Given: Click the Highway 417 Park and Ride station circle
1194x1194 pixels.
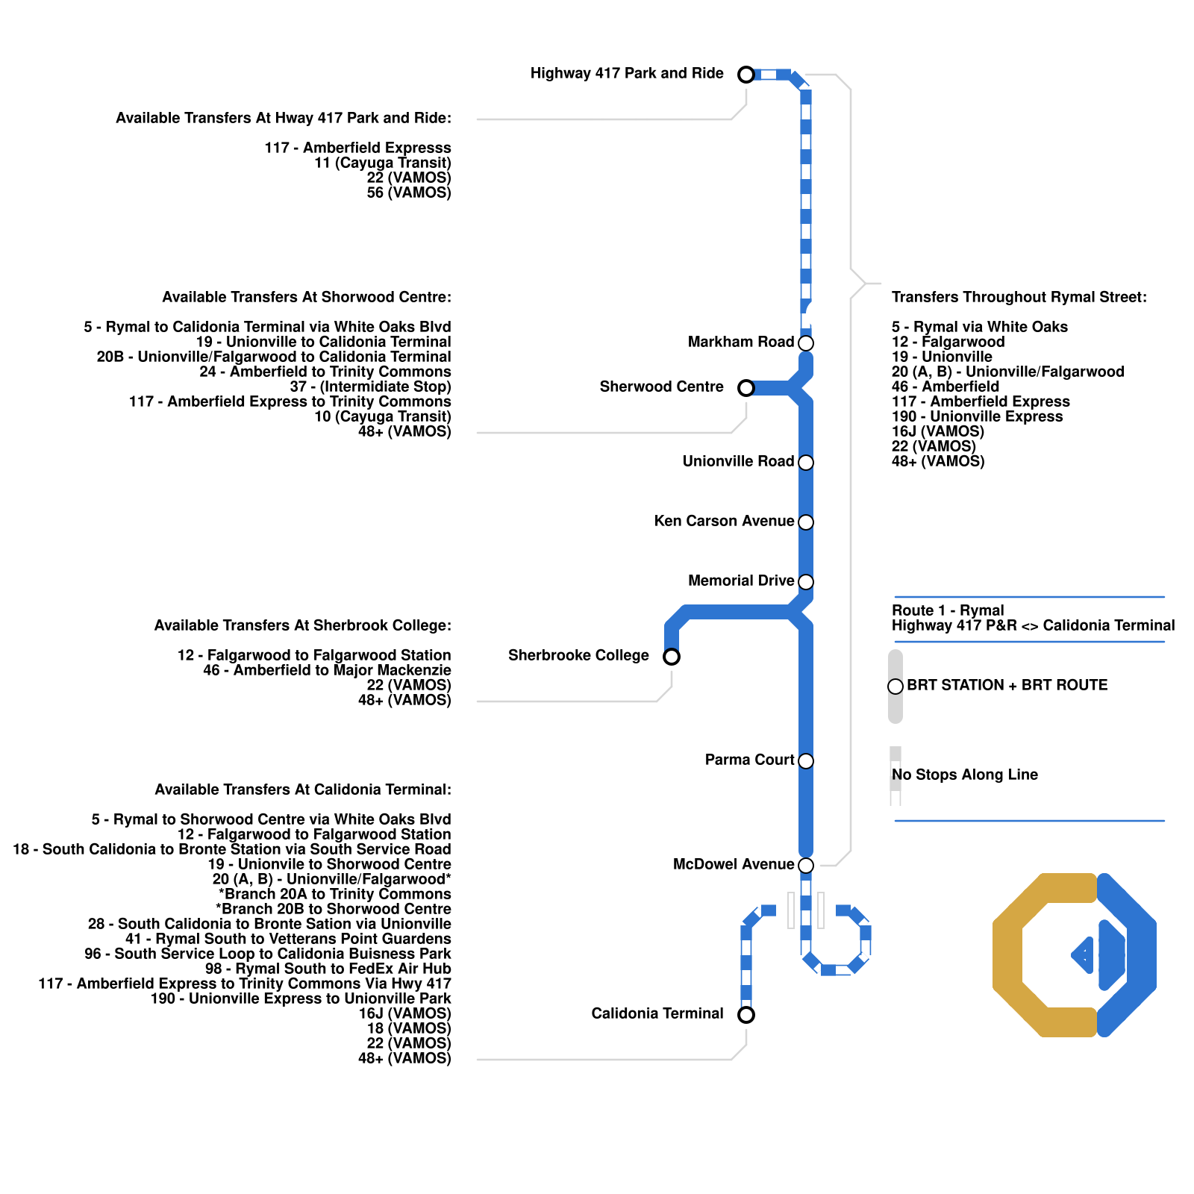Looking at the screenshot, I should (746, 75).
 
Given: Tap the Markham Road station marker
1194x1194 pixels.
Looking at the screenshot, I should (806, 343).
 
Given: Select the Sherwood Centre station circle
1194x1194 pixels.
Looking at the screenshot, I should (746, 388).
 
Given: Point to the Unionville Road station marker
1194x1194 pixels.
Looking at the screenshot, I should (806, 463).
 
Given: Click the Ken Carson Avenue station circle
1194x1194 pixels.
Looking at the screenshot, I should (806, 522).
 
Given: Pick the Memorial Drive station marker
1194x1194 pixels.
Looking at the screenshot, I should (806, 582).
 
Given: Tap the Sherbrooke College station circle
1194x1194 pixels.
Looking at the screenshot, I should (672, 657).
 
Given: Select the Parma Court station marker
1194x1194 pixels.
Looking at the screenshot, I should (806, 761).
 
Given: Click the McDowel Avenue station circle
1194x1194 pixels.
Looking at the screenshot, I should (806, 866).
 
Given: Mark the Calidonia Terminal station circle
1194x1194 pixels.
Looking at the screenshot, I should (746, 1015).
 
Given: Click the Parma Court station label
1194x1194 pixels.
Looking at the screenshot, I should (749, 760).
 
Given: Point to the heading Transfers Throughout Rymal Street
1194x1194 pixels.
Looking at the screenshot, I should (1019, 297).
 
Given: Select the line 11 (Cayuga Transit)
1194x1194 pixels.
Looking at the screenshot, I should (382, 163).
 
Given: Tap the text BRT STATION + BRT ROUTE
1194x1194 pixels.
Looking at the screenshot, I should (1007, 685).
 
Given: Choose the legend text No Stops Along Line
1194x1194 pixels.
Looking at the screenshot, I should (964, 775).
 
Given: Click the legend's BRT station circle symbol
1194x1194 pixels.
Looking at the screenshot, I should (895, 687).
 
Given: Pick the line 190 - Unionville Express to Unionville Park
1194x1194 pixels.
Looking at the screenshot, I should (301, 998).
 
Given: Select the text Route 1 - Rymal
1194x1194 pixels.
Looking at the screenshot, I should (948, 610).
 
